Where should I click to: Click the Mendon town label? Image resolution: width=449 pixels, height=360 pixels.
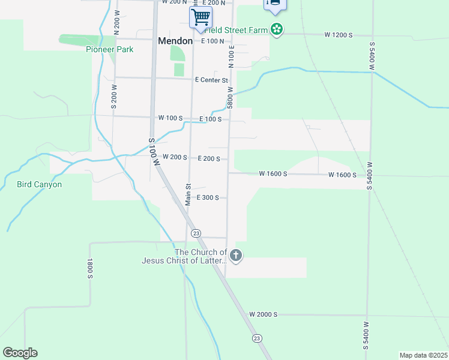(x=175, y=41)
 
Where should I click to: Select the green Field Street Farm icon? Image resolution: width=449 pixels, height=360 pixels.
(x=276, y=29)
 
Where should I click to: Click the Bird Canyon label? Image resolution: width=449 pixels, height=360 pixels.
(x=39, y=185)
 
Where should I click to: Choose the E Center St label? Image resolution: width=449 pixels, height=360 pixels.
(x=211, y=80)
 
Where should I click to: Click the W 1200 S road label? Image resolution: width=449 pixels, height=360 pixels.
(x=339, y=35)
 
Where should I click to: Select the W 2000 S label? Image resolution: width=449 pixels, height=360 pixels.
(x=264, y=314)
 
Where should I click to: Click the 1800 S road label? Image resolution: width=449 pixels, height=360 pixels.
(x=90, y=269)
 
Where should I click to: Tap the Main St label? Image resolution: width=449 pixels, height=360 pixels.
(x=188, y=194)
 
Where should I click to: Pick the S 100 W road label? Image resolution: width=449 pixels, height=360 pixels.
(x=155, y=151)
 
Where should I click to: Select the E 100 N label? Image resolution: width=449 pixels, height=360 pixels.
(x=212, y=41)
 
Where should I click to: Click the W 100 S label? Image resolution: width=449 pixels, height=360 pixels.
(x=170, y=118)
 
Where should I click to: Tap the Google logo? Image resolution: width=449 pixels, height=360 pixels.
(x=20, y=353)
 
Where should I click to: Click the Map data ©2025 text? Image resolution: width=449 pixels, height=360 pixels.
(x=423, y=355)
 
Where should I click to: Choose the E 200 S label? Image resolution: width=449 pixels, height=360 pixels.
(x=212, y=159)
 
